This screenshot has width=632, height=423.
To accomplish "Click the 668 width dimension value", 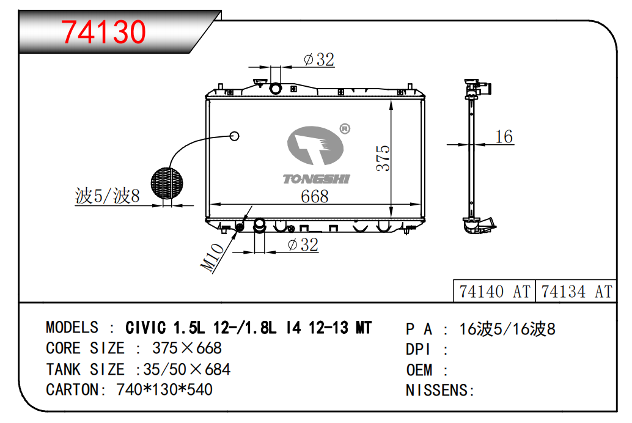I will (315, 196).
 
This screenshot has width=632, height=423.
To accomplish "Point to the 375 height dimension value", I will (383, 158).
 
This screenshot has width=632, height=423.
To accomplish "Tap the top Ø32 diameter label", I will (318, 59).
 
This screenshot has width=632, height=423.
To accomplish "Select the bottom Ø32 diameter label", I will (303, 245).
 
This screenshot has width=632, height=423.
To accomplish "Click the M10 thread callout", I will (211, 257).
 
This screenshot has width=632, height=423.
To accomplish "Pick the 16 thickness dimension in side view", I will (504, 136).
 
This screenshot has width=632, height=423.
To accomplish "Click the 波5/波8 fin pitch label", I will (108, 196).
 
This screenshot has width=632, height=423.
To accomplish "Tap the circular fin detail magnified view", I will (167, 183).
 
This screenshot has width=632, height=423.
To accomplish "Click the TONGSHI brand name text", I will (316, 178).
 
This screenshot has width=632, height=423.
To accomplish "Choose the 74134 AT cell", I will (576, 292).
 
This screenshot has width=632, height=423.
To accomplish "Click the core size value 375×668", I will (186, 348).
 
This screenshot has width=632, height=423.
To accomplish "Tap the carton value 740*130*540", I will (164, 389).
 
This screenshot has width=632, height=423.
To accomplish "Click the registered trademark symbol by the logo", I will (344, 128).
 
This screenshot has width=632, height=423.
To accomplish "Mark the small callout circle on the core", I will (234, 136).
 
